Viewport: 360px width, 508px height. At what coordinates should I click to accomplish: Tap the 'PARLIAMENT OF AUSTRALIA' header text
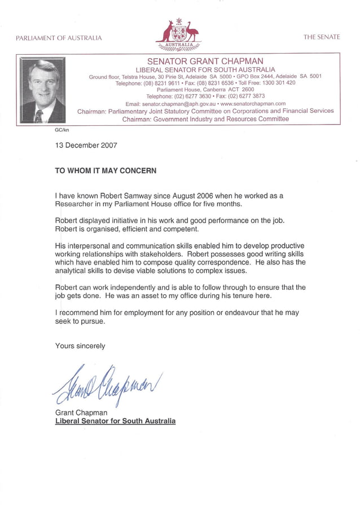[x=59, y=38]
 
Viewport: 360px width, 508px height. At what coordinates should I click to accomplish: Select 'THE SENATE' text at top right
[x=322, y=37]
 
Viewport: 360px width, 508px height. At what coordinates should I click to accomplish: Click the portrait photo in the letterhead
[x=43, y=90]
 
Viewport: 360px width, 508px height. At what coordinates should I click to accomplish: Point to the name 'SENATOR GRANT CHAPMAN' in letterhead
[x=205, y=61]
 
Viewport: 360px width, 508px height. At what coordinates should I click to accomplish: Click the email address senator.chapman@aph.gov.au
[x=170, y=104]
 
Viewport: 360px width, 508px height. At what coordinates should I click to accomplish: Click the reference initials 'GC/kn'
[x=61, y=130]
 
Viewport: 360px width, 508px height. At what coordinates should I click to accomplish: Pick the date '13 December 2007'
[x=86, y=145]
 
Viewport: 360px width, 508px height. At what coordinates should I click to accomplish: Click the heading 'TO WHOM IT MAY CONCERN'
[x=105, y=170]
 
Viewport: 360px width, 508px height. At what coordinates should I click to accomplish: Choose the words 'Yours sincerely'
[x=80, y=346]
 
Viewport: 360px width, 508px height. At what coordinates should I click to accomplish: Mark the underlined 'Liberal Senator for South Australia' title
[x=115, y=421]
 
